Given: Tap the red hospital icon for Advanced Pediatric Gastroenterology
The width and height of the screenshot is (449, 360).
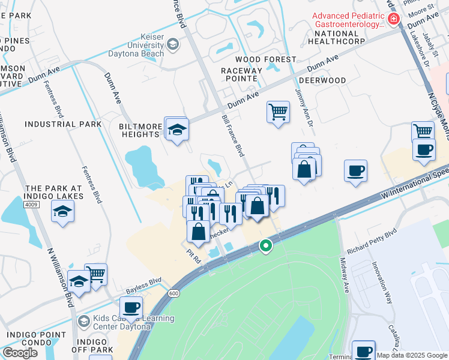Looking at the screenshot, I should tap(394, 19).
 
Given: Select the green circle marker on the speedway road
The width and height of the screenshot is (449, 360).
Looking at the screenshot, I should tap(265, 245).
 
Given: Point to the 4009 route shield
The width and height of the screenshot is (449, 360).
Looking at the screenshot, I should tap(33, 205).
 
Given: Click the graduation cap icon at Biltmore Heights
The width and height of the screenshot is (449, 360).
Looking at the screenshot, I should tap(178, 130).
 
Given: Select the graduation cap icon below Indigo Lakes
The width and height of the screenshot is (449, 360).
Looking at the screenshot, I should tap(62, 212).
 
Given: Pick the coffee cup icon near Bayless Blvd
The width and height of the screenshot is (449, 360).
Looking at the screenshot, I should tap(131, 308).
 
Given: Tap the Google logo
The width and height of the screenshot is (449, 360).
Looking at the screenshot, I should tap(20, 353).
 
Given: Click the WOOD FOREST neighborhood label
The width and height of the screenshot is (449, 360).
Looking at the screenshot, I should tap(265, 59).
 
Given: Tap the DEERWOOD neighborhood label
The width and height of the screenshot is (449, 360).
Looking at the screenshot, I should tap(322, 80).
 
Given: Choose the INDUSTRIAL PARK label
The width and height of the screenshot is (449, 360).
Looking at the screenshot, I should tap(63, 124).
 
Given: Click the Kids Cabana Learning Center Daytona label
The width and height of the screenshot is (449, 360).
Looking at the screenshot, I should tap(130, 322).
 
